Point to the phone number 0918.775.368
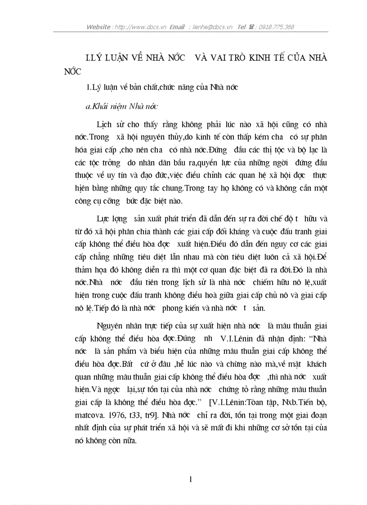pyautogui.click(x=276, y=27)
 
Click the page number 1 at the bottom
pyautogui.click(x=191, y=479)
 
